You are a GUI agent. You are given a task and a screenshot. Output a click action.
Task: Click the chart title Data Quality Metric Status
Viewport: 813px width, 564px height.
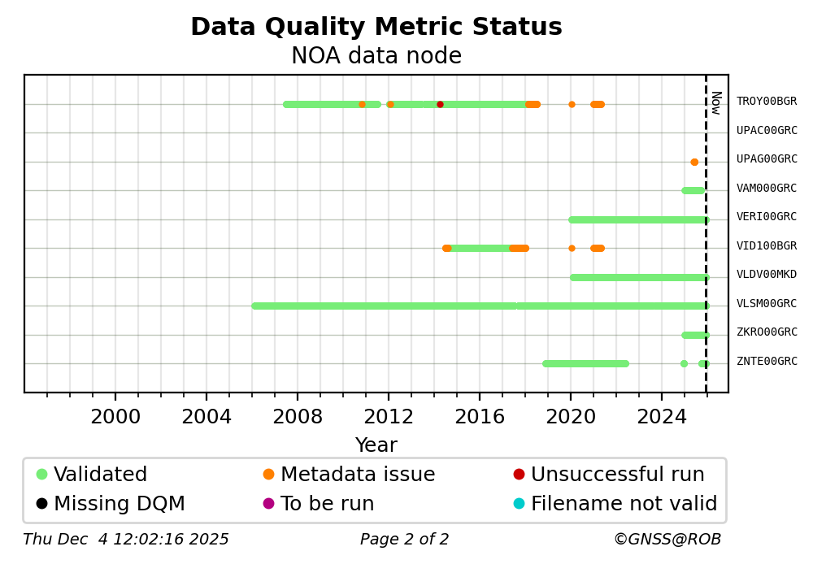tap(376, 28)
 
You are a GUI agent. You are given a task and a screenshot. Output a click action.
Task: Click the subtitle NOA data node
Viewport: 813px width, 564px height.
tap(376, 56)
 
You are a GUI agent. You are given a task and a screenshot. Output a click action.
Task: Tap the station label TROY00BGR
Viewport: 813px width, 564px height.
tap(766, 102)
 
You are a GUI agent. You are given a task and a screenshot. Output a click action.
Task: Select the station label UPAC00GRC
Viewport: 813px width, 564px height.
tap(766, 130)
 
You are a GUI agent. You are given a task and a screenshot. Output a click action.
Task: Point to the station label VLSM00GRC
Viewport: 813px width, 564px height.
tap(766, 304)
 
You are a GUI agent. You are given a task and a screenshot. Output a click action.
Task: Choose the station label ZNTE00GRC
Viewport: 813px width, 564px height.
tap(766, 362)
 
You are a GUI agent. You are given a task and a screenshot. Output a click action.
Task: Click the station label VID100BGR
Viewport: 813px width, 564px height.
tap(766, 246)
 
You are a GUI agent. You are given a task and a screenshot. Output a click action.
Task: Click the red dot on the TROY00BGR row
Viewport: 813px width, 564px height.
tap(440, 104)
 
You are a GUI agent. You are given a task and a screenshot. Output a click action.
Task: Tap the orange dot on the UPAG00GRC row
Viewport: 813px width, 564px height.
tap(694, 162)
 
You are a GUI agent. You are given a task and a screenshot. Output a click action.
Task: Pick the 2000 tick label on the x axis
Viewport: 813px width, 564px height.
tap(115, 417)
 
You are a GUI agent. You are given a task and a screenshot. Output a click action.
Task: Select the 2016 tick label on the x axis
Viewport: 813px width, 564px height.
tap(480, 417)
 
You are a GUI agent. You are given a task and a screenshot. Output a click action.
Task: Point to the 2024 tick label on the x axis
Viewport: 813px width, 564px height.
tap(662, 417)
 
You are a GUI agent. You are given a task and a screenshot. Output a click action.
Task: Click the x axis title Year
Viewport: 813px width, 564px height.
tap(376, 445)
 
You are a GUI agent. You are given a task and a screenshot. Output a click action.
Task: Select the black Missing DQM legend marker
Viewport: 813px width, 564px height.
tap(41, 504)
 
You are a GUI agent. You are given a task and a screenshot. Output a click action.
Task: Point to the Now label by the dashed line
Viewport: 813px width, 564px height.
tap(715, 102)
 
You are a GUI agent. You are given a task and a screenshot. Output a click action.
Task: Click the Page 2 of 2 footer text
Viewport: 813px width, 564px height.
tap(404, 540)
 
